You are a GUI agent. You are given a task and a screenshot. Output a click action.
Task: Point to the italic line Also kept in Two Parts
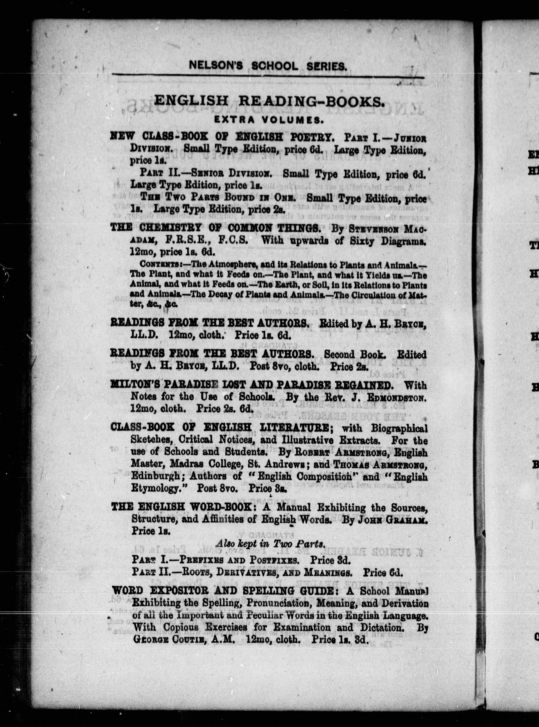(270, 544)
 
